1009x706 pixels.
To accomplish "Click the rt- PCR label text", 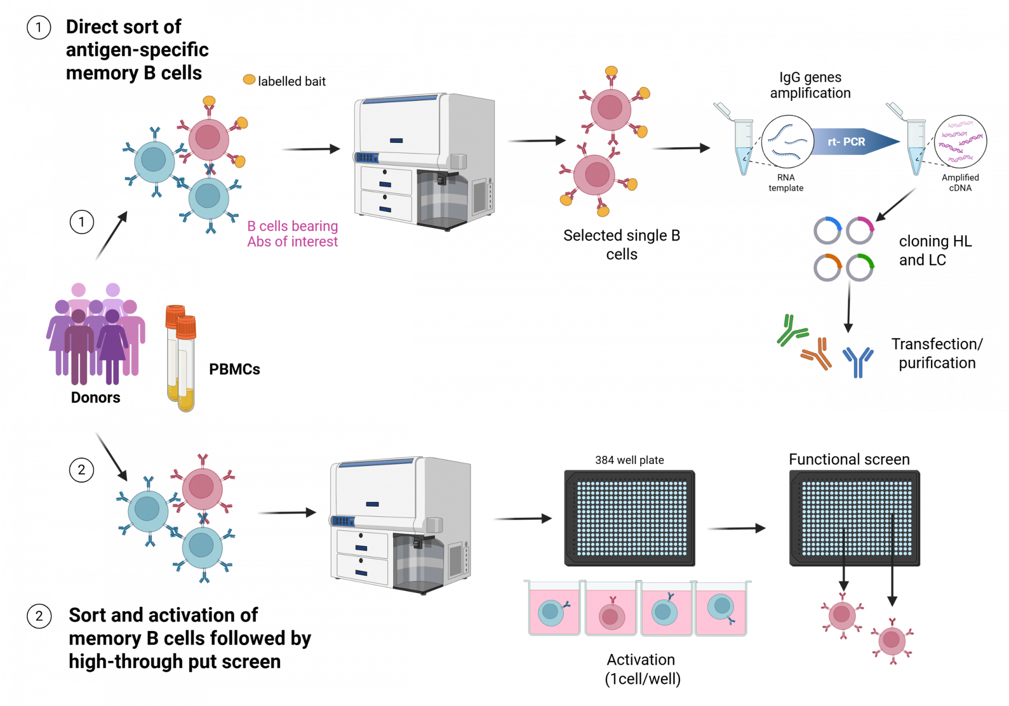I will point(846,142).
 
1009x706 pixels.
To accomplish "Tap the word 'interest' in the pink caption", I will point(315,242).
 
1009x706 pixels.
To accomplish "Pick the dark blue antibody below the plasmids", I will point(858,361).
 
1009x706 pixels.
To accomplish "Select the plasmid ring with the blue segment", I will point(827,231).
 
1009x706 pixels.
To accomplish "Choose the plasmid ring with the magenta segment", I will point(860,231).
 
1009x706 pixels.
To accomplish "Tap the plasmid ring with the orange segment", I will point(827,267).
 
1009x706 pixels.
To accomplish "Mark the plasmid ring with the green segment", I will point(860,267).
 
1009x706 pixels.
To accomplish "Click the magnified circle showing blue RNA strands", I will point(787,142).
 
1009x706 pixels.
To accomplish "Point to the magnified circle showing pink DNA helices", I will point(960,142).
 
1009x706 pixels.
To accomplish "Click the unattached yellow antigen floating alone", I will point(249,79).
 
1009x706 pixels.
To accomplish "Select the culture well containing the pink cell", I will point(611,610).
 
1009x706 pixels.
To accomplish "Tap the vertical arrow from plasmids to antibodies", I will point(848,307).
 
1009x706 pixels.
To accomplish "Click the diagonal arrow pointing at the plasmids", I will point(895,205).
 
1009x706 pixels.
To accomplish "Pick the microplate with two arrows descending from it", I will point(854,518).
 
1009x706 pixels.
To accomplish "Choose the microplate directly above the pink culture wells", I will point(630,518).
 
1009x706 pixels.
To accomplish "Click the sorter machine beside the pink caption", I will point(425,161).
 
